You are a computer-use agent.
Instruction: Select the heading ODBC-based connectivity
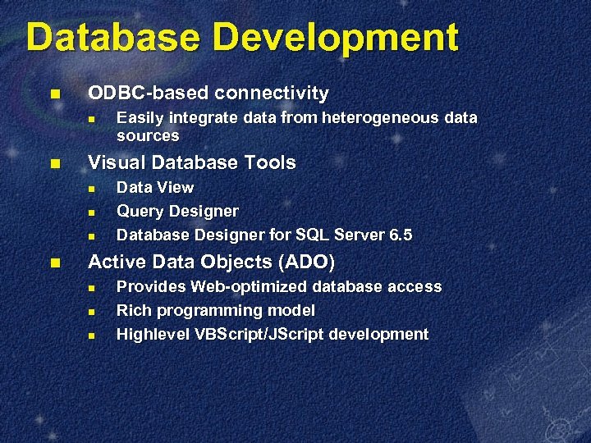[208, 93]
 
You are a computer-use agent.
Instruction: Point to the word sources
[148, 135]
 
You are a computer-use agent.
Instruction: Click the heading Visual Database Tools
[191, 162]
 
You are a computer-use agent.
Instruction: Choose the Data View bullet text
[155, 188]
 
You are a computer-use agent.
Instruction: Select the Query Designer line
[177, 212]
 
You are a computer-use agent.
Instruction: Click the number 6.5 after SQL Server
[401, 235]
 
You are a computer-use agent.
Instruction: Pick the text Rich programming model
[215, 311]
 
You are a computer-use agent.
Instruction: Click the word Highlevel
[153, 335]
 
